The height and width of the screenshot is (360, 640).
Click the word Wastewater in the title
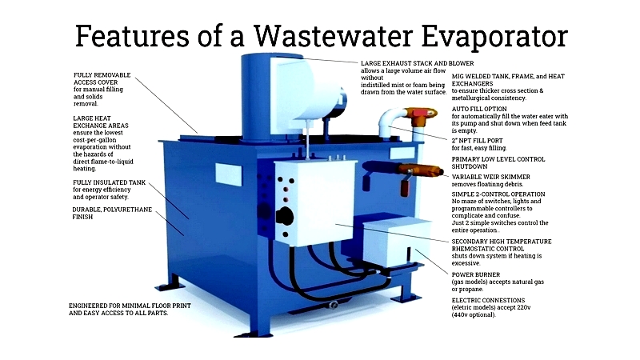pos(334,36)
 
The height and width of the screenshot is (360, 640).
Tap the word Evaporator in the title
pos(494,37)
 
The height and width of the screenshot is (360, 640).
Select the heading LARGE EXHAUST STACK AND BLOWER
pos(417,63)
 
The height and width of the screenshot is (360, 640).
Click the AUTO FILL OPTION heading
pos(479,109)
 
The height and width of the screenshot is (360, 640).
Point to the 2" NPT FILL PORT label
pos(477,141)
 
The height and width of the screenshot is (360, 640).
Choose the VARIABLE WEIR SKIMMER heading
pos(490,177)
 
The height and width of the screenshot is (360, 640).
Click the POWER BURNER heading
pos(475,274)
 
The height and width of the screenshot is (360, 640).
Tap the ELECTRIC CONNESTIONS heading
pos(488,300)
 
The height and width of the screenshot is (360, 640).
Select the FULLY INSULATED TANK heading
pos(109,182)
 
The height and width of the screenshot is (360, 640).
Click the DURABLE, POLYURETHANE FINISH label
pos(112,213)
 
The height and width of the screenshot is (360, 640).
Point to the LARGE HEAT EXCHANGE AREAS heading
pos(101,122)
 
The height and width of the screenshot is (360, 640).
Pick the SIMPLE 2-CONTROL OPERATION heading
pos(498,194)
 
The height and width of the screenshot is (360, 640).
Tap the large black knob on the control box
pos(285,216)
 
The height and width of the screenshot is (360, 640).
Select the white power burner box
pos(396,241)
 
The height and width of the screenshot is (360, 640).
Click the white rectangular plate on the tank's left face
pos(228,174)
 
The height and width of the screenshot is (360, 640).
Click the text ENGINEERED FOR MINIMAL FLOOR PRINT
pos(130,306)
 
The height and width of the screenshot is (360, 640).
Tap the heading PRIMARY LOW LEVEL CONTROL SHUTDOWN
pos(498,163)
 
